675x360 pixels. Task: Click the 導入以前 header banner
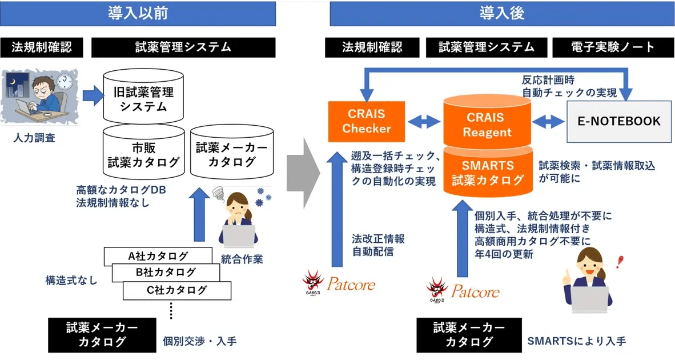(138, 13)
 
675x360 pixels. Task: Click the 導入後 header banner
(502, 13)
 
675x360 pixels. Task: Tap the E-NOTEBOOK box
(619, 121)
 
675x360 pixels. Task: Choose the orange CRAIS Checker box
(366, 121)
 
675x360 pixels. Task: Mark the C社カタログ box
(176, 290)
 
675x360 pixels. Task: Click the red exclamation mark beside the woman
(620, 262)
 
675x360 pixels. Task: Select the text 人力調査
(35, 138)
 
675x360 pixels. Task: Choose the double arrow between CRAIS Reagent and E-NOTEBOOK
(548, 121)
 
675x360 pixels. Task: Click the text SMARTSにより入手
(576, 341)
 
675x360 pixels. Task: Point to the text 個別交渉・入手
(199, 341)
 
